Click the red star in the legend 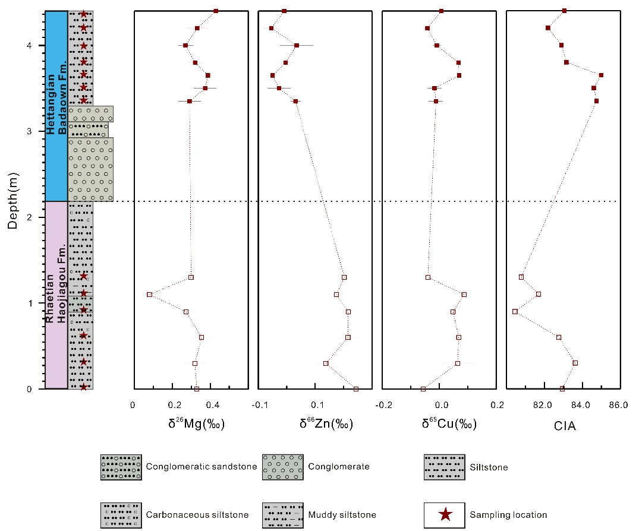click(x=444, y=514)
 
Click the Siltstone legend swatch click(x=444, y=466)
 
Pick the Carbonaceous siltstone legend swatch click(x=121, y=514)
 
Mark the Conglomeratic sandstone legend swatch click(x=121, y=466)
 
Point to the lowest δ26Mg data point click(x=149, y=295)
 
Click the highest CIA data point click(x=601, y=75)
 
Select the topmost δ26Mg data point click(x=216, y=11)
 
